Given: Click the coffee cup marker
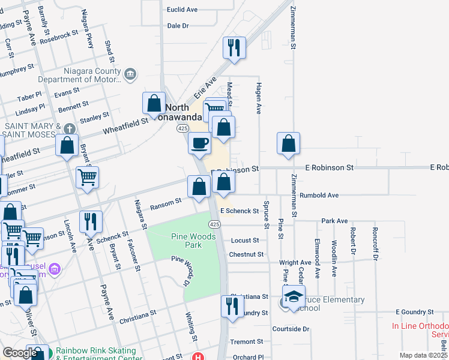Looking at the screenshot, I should point(199,143).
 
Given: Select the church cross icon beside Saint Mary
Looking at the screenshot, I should point(70,128).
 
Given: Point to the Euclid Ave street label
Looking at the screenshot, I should point(182,10).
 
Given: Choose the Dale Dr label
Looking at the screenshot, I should point(178,26).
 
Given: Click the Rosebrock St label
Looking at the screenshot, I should point(60,36).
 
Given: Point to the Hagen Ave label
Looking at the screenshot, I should point(259,98).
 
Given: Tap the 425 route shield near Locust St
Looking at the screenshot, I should point(214,224).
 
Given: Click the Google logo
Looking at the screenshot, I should point(20,353).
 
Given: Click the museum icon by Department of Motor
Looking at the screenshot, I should point(131,74).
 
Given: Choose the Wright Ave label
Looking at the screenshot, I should point(295,263).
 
